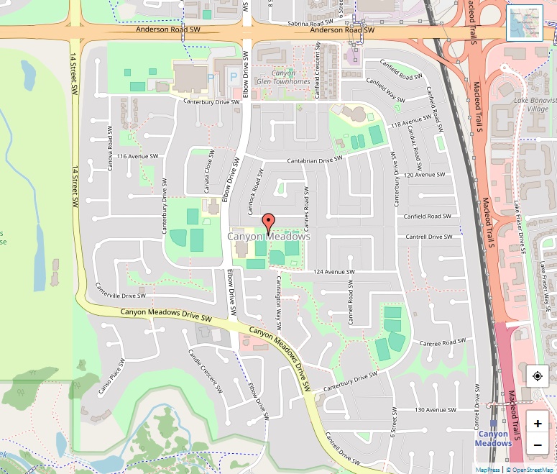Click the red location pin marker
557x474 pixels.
269,222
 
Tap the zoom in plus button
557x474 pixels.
538,424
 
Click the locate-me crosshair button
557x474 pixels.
538,376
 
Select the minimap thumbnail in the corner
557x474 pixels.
525,23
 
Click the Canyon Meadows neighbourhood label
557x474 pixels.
269,237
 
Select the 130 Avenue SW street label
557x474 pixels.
436,410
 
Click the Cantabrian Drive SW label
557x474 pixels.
314,161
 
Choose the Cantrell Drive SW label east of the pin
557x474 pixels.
428,237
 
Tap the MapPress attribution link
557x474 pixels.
487,470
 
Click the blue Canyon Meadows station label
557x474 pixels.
494,438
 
